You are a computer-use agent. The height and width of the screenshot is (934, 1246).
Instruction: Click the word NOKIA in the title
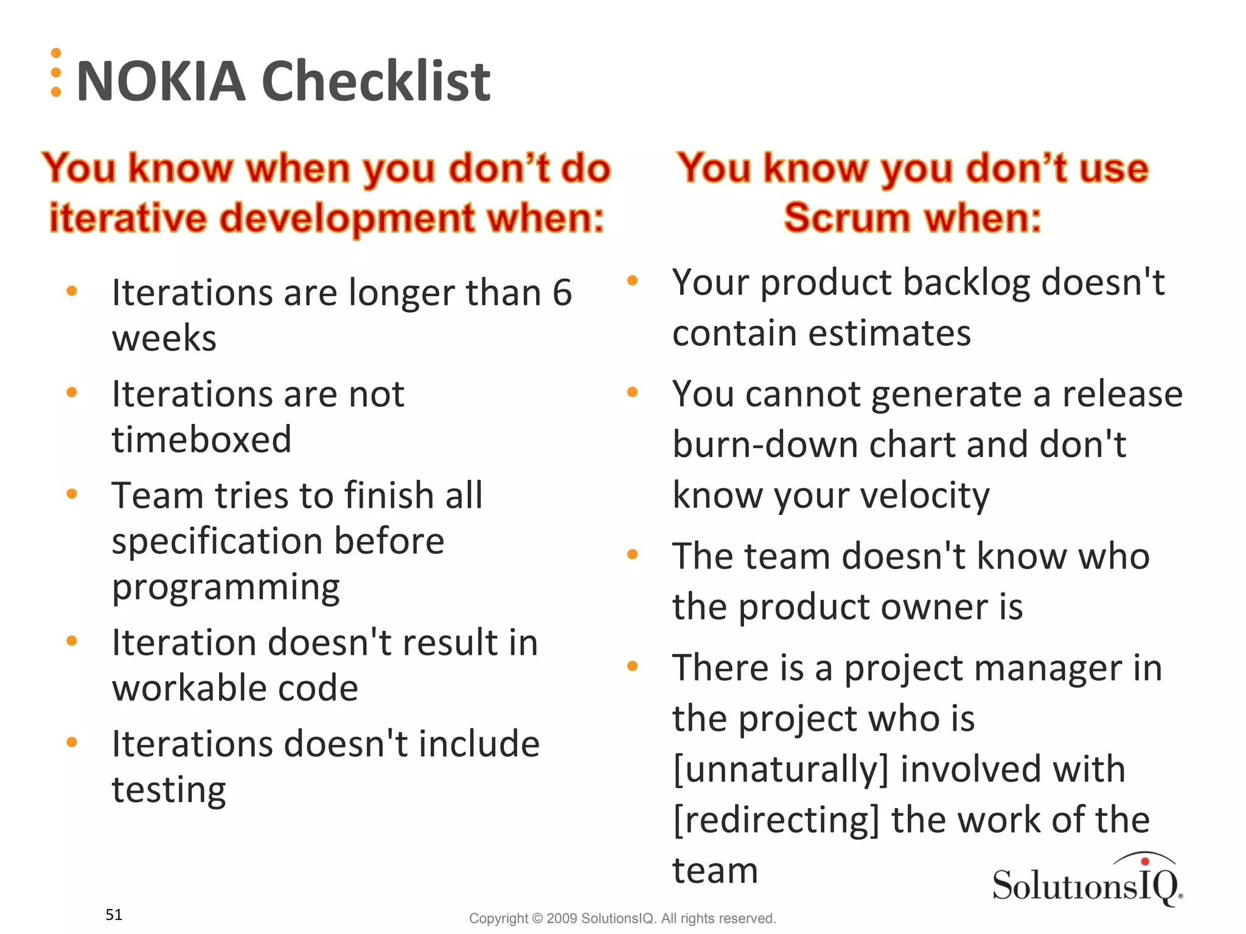click(x=161, y=81)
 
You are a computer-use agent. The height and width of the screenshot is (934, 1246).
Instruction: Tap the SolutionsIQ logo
click(x=1087, y=882)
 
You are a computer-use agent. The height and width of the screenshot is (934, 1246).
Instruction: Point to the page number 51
click(x=114, y=915)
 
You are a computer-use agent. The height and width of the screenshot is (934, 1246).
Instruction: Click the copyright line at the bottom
click(x=622, y=918)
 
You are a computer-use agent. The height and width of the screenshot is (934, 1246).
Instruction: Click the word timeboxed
click(x=201, y=439)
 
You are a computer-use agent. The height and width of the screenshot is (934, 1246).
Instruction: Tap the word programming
click(x=226, y=587)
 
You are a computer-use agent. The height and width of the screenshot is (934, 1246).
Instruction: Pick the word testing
click(x=169, y=790)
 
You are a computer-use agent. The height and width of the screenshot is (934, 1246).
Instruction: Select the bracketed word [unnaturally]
click(x=781, y=769)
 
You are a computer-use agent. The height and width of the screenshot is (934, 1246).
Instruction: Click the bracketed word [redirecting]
click(x=776, y=820)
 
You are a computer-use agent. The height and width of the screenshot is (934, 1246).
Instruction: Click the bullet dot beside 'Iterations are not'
click(x=72, y=392)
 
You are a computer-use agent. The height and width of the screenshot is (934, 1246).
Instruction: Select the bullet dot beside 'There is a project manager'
click(x=632, y=666)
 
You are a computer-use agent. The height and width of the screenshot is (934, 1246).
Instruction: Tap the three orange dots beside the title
click(x=56, y=72)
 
